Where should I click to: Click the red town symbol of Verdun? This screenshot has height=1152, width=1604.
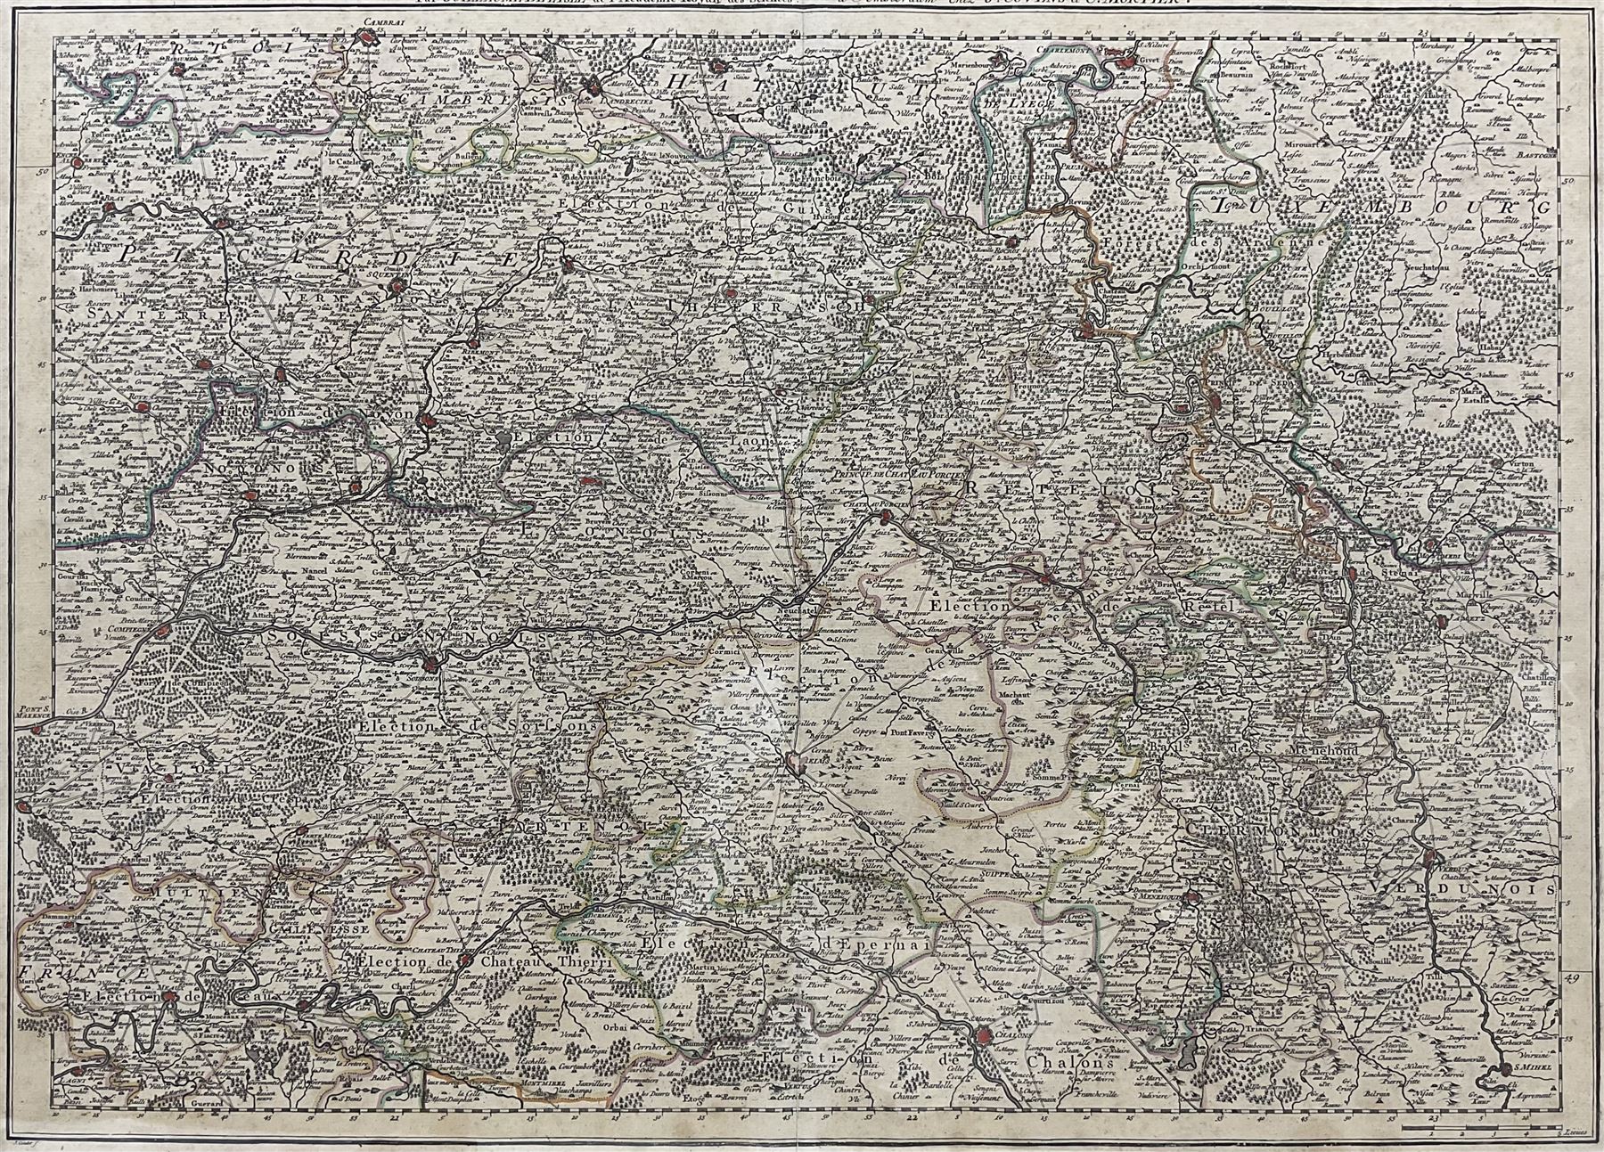pos(1432,859)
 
